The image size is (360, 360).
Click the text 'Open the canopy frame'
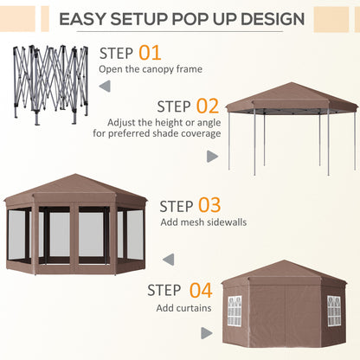153,69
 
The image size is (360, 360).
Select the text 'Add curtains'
183,306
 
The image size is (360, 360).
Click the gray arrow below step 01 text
104,87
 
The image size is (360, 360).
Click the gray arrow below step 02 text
213,157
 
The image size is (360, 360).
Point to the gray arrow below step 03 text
168,258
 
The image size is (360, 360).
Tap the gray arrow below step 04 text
206,332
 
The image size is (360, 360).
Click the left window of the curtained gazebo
234,311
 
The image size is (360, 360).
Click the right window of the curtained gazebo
333,311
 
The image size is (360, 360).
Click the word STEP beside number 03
177,206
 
